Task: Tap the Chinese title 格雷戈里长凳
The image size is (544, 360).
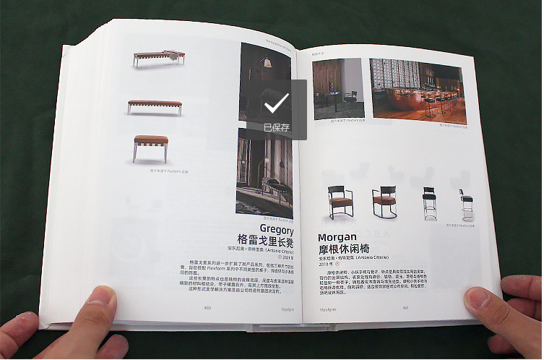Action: [265, 241]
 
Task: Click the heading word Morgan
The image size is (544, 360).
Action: [337, 237]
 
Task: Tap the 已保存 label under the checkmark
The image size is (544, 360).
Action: [276, 127]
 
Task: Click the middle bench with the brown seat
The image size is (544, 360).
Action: [155, 106]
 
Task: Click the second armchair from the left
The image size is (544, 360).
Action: [384, 202]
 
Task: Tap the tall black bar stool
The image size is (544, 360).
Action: [429, 203]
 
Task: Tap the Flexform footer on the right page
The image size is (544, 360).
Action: [327, 309]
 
